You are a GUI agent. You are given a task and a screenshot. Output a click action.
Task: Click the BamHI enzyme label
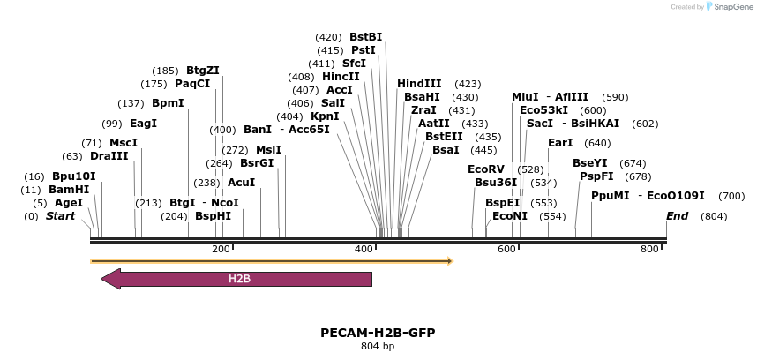pyautogui.click(x=69, y=190)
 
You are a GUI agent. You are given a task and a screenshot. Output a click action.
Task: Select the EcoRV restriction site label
pyautogui.click(x=486, y=169)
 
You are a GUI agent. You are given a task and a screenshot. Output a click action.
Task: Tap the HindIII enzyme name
pyautogui.click(x=419, y=84)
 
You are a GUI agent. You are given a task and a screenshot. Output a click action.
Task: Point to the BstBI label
pyautogui.click(x=366, y=37)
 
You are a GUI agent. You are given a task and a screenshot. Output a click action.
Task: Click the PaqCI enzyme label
pyautogui.click(x=192, y=84)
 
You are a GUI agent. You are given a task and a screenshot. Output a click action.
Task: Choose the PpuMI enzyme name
pyautogui.click(x=611, y=196)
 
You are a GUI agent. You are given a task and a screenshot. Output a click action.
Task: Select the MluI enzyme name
pyautogui.click(x=527, y=97)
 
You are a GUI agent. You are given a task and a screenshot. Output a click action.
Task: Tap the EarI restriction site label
pyautogui.click(x=560, y=143)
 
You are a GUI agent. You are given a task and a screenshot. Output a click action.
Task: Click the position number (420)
pyautogui.click(x=328, y=37)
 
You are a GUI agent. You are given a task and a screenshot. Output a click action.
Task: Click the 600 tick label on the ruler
pyautogui.click(x=506, y=250)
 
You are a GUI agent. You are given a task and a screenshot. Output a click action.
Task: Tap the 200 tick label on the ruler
pyautogui.click(x=221, y=250)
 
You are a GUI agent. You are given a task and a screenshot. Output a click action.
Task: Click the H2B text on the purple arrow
pyautogui.click(x=240, y=280)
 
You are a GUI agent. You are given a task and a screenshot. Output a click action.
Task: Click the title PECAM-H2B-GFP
pyautogui.click(x=378, y=333)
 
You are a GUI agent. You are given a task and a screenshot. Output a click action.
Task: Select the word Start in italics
pyautogui.click(x=60, y=216)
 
